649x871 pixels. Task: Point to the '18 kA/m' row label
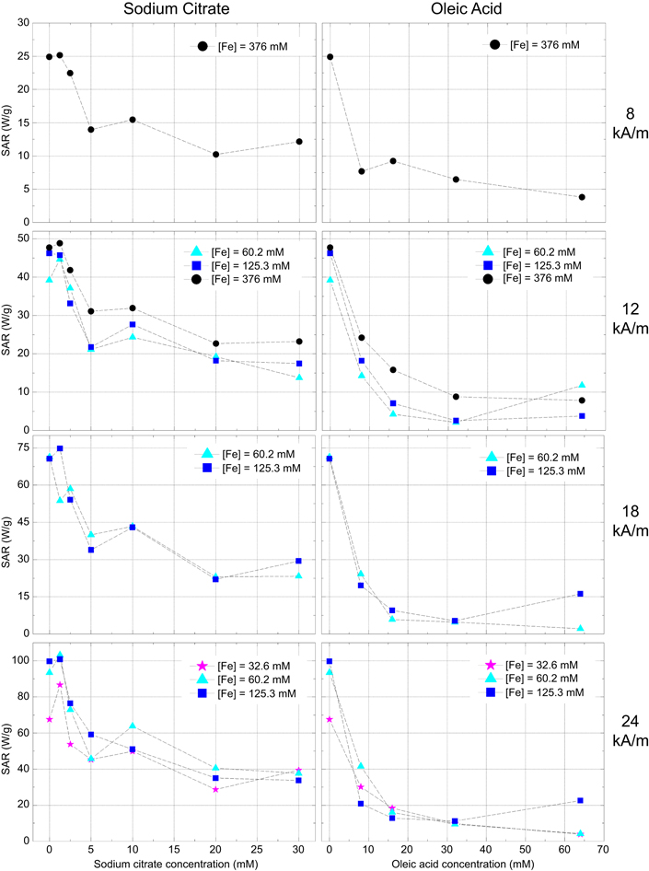[627, 522]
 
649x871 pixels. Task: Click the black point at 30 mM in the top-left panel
[298, 142]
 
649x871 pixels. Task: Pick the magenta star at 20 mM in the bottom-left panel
[215, 789]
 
